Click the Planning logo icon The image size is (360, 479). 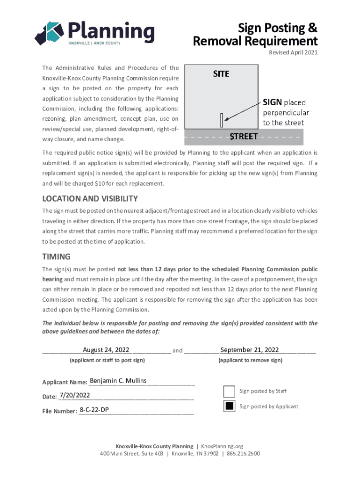point(49,33)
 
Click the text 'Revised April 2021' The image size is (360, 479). point(293,52)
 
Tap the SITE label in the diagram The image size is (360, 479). point(221,74)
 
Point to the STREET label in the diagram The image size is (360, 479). point(244,137)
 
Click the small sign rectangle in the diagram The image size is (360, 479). point(221,120)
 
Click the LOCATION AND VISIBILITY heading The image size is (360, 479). point(90,198)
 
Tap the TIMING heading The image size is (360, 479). point(56,256)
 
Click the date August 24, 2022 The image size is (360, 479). point(106,350)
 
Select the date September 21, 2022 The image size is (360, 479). point(250,350)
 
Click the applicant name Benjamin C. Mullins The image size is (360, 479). point(118,381)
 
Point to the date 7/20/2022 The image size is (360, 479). point(75,396)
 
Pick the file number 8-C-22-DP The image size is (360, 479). point(94,410)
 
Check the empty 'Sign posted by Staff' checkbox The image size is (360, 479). point(229,391)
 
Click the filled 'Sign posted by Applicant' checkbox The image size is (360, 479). point(229,406)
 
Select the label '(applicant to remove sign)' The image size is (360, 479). point(250,360)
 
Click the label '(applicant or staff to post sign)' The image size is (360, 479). point(107,360)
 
